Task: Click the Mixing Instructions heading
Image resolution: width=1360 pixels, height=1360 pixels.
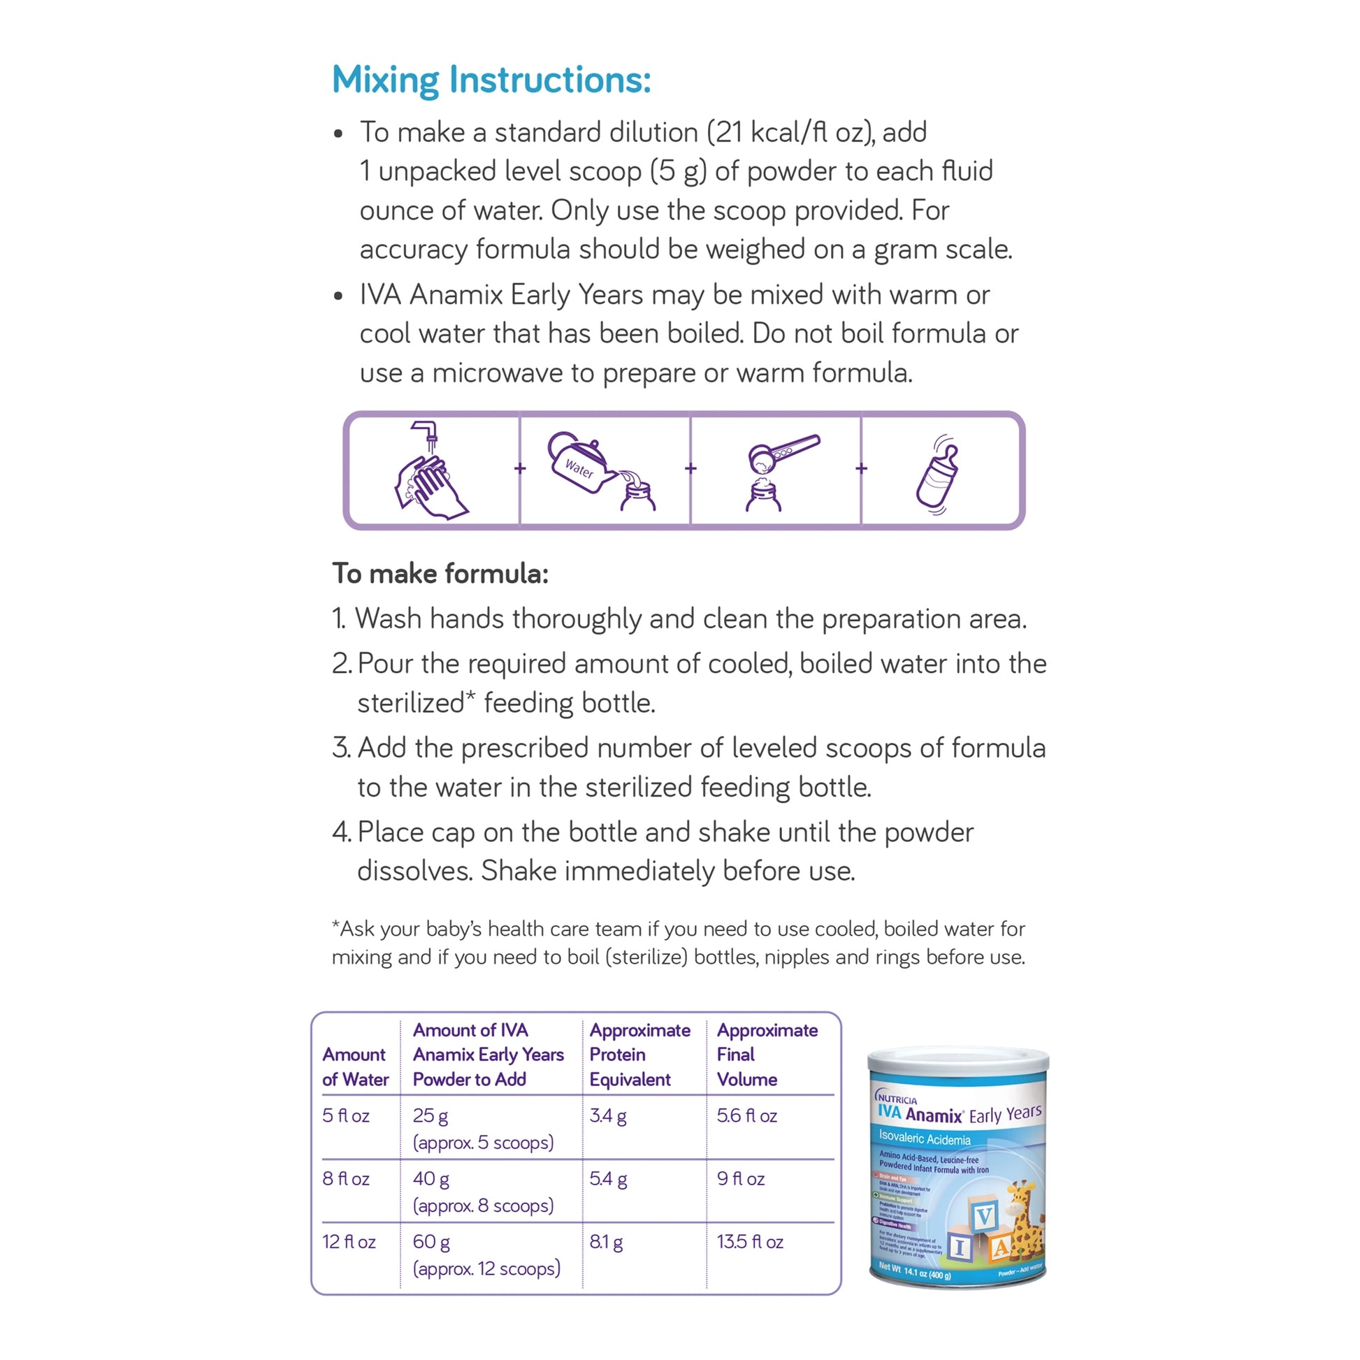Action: [x=491, y=80]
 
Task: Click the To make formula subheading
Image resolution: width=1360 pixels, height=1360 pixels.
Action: [x=440, y=573]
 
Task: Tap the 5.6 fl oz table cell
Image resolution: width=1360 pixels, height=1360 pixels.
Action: [x=746, y=1115]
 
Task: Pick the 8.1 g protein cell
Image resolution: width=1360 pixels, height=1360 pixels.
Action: [x=605, y=1242]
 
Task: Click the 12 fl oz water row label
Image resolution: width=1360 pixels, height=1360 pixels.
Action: [x=349, y=1242]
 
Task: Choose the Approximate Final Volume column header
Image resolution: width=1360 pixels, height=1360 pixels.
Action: [x=766, y=1055]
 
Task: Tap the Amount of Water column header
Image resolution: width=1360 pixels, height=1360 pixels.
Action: [x=355, y=1066]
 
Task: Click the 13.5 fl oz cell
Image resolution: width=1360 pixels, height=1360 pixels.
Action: [x=750, y=1242]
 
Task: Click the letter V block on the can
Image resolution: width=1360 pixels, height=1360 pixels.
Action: [x=983, y=1215]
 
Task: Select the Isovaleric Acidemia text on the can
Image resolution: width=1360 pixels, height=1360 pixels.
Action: [x=925, y=1138]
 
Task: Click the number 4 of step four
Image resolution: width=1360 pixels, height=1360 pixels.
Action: [x=339, y=832]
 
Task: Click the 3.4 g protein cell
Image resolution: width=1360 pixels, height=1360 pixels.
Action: [x=607, y=1115]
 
